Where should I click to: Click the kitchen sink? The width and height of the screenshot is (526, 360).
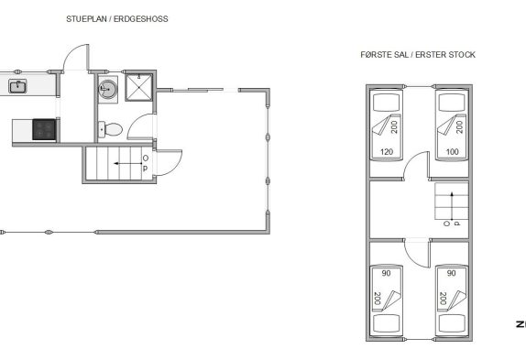(x=17, y=86)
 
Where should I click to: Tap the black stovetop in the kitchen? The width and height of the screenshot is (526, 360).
(x=44, y=130)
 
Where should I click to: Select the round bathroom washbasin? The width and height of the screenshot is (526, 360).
(x=108, y=89)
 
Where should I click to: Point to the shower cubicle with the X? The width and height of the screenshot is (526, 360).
(x=139, y=88)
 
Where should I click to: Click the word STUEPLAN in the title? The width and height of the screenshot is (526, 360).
(x=86, y=19)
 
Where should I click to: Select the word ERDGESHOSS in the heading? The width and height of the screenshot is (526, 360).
(x=141, y=19)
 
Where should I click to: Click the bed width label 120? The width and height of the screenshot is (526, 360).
(x=387, y=152)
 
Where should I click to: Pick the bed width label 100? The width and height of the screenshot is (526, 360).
(x=452, y=152)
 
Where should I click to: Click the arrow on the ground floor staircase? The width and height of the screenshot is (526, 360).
(x=127, y=164)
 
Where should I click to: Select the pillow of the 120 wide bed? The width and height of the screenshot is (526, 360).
(x=387, y=103)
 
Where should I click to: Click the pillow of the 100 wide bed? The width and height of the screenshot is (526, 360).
(x=452, y=103)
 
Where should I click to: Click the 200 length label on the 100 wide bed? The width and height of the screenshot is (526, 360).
(x=460, y=127)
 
